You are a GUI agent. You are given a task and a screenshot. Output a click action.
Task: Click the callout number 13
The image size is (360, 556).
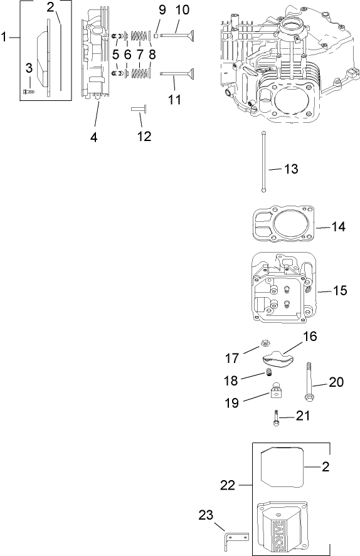(290, 169)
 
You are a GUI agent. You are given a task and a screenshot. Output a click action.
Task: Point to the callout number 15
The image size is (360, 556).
(339, 291)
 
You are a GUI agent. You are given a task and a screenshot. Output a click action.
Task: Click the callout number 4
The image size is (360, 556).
(94, 137)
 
